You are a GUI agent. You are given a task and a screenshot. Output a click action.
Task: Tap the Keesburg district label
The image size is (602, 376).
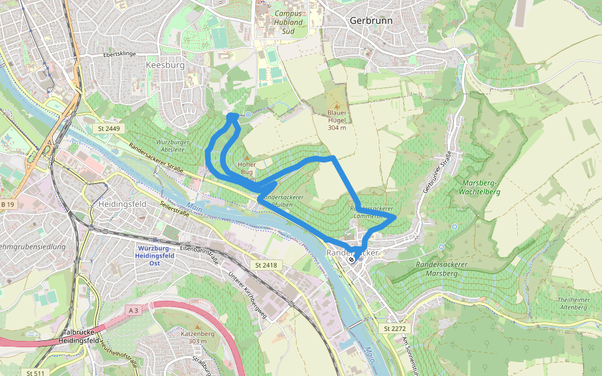[165, 65]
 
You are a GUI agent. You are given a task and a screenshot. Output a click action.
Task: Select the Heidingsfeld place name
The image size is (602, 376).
[123, 204]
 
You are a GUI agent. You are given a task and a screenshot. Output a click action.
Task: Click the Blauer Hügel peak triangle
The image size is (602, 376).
[337, 105]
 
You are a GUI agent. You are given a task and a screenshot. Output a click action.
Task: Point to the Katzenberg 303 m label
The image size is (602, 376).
[198, 337]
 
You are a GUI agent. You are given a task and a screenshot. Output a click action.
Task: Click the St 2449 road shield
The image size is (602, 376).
[108, 128]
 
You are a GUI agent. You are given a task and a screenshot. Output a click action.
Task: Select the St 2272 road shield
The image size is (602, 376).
[395, 328]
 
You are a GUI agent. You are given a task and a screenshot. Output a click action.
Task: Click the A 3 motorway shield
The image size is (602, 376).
[133, 310]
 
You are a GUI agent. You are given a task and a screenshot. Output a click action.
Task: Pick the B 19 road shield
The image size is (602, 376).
[7, 205]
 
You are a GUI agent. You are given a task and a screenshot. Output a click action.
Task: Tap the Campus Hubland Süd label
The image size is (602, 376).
[288, 22]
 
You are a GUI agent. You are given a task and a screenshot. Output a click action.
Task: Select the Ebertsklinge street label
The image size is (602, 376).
[120, 55]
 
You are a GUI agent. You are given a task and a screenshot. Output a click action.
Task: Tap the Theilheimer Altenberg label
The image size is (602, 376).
[572, 304]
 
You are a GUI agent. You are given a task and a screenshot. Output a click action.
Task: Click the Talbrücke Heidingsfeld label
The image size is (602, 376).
[85, 337]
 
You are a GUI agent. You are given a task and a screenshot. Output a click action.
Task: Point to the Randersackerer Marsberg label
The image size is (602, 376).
[441, 269]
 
